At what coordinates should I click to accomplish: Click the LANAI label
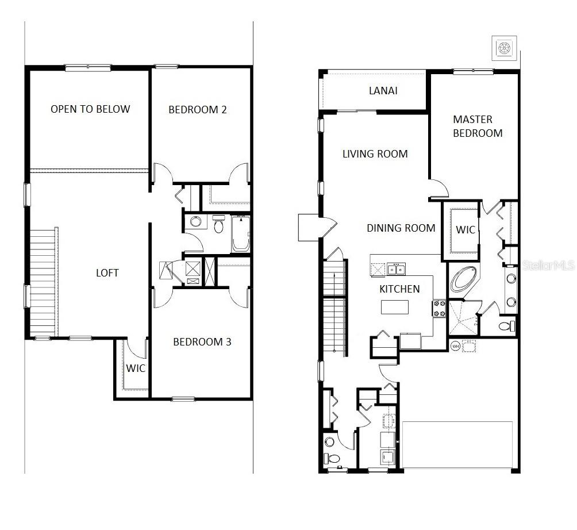pos(383,91)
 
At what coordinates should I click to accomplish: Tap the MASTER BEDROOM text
pos(478,126)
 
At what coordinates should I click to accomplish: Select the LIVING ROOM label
pos(375,154)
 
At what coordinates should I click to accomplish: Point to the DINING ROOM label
pos(401,228)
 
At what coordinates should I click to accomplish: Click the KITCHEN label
pos(399,289)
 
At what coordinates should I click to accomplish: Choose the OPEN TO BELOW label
pos(90,109)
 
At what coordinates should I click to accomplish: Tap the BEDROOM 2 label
pos(197,110)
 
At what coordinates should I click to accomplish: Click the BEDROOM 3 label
pos(202,342)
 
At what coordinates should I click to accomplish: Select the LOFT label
pos(107,272)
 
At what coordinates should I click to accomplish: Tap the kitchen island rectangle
pos(395,308)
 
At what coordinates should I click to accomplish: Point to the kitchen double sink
pos(397,268)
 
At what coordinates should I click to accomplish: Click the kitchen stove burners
pos(439,308)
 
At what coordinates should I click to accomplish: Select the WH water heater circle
pos(455,345)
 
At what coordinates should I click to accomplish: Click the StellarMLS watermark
pos(548,266)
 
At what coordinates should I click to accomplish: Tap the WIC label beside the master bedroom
pos(466,230)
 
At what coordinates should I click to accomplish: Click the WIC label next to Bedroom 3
pos(136,368)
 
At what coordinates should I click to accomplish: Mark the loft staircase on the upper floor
pos(44,282)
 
